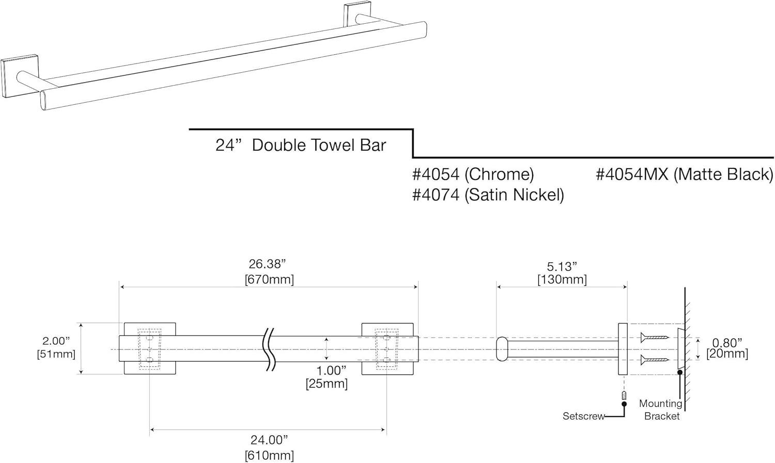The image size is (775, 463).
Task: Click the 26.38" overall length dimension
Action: [x=267, y=264]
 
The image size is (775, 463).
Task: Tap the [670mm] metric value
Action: [x=269, y=280]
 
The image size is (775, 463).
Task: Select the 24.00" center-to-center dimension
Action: [x=269, y=440]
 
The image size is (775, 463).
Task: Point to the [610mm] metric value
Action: [x=269, y=456]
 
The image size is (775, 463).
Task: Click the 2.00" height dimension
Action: [x=56, y=341]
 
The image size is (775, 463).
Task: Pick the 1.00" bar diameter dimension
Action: [x=331, y=370]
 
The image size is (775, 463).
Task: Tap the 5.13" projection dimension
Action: [x=562, y=266]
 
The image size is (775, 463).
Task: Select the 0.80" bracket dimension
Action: [x=727, y=342]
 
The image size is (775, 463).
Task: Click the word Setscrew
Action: [x=583, y=416]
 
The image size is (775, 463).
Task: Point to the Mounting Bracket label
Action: [x=661, y=410]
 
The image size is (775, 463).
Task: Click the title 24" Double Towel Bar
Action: [x=301, y=146]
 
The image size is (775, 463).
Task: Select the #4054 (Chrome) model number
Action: [x=473, y=174]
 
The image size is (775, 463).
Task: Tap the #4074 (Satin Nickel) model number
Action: [x=488, y=195]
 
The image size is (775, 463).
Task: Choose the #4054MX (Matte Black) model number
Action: [x=684, y=174]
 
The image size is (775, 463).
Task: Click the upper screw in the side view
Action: [x=655, y=338]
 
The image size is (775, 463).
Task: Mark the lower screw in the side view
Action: [x=655, y=360]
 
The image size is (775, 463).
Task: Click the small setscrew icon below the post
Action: [x=624, y=396]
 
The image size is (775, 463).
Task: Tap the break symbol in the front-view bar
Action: [x=270, y=349]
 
